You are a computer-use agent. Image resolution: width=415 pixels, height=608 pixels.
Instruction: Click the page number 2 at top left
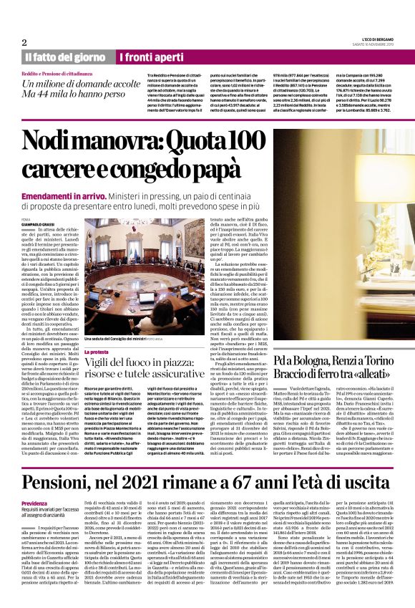pyautogui.click(x=25, y=42)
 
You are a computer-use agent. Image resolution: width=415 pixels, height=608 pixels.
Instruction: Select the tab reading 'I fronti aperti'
pyautogui.click(x=145, y=57)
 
